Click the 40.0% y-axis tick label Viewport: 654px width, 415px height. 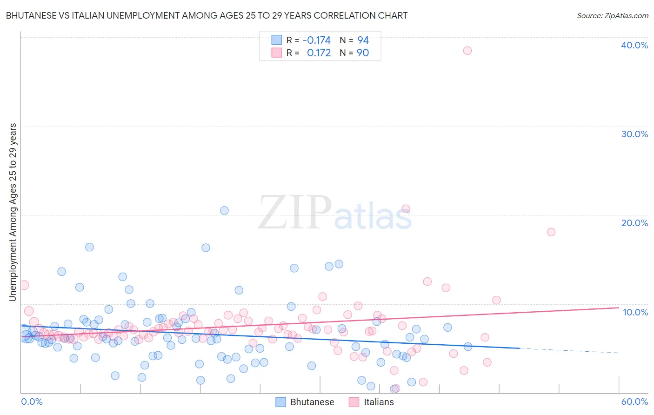tap(634, 45)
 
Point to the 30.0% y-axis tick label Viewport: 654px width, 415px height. tap(634, 134)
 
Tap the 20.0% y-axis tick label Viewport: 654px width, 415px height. tap(634, 223)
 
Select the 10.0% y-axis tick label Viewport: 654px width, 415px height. tap(635, 312)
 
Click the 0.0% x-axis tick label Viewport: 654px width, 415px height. tap(32, 402)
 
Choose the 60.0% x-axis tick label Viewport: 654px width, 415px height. tap(634, 402)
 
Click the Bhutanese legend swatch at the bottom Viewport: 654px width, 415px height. tap(280, 402)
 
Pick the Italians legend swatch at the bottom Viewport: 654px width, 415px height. tap(354, 402)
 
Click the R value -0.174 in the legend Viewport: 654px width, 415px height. tap(316, 40)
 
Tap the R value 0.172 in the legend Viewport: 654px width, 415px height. tap(319, 53)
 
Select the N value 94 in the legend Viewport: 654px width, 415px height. tap(363, 40)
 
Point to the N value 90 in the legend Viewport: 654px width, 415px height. tap(363, 53)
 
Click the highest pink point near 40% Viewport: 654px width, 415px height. tap(467, 51)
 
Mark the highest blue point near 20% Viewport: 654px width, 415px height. tap(224, 210)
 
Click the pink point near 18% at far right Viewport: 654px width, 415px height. tap(551, 232)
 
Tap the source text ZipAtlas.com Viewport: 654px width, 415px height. tap(613, 16)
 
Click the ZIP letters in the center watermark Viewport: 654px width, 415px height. tap(295, 213)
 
